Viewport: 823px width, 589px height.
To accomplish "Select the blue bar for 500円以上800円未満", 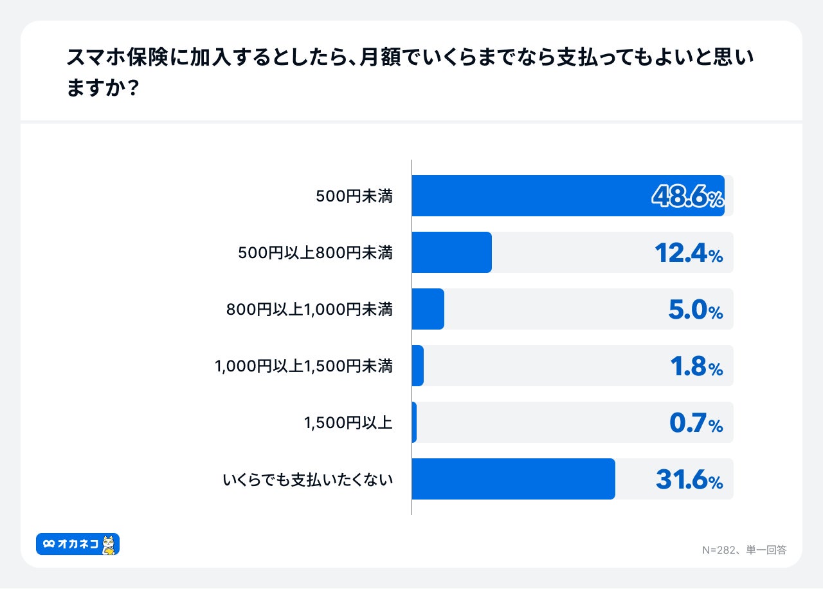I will pos(451,252).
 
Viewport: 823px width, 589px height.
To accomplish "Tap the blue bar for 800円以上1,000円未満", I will pos(428,309).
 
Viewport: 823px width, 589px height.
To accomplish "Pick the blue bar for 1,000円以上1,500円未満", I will pos(417,366).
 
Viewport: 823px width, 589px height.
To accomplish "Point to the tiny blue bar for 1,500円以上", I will pos(414,422).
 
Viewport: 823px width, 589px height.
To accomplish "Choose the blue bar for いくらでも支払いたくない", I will pos(513,479).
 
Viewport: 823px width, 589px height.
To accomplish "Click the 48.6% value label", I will pos(687,196).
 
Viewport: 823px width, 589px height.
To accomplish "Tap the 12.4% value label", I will pos(689,253).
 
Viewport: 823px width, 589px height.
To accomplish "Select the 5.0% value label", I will pos(696,310).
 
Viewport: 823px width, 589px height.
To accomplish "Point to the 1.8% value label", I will pos(696,366).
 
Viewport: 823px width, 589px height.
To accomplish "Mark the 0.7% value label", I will pos(696,423).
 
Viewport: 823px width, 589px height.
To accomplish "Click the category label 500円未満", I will pos(354,196).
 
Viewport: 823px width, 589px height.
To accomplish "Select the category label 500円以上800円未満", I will pos(315,253).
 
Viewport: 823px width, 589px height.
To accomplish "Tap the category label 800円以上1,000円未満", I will pos(309,310).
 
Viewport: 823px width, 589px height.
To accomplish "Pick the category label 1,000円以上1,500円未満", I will pos(303,366).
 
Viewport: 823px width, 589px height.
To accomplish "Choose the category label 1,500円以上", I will pos(348,423).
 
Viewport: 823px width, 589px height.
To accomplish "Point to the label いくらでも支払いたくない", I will pos(307,480).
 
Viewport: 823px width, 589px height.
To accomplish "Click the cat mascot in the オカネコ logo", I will pos(109,545).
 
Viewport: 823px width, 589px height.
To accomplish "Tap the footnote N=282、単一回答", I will pos(744,550).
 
